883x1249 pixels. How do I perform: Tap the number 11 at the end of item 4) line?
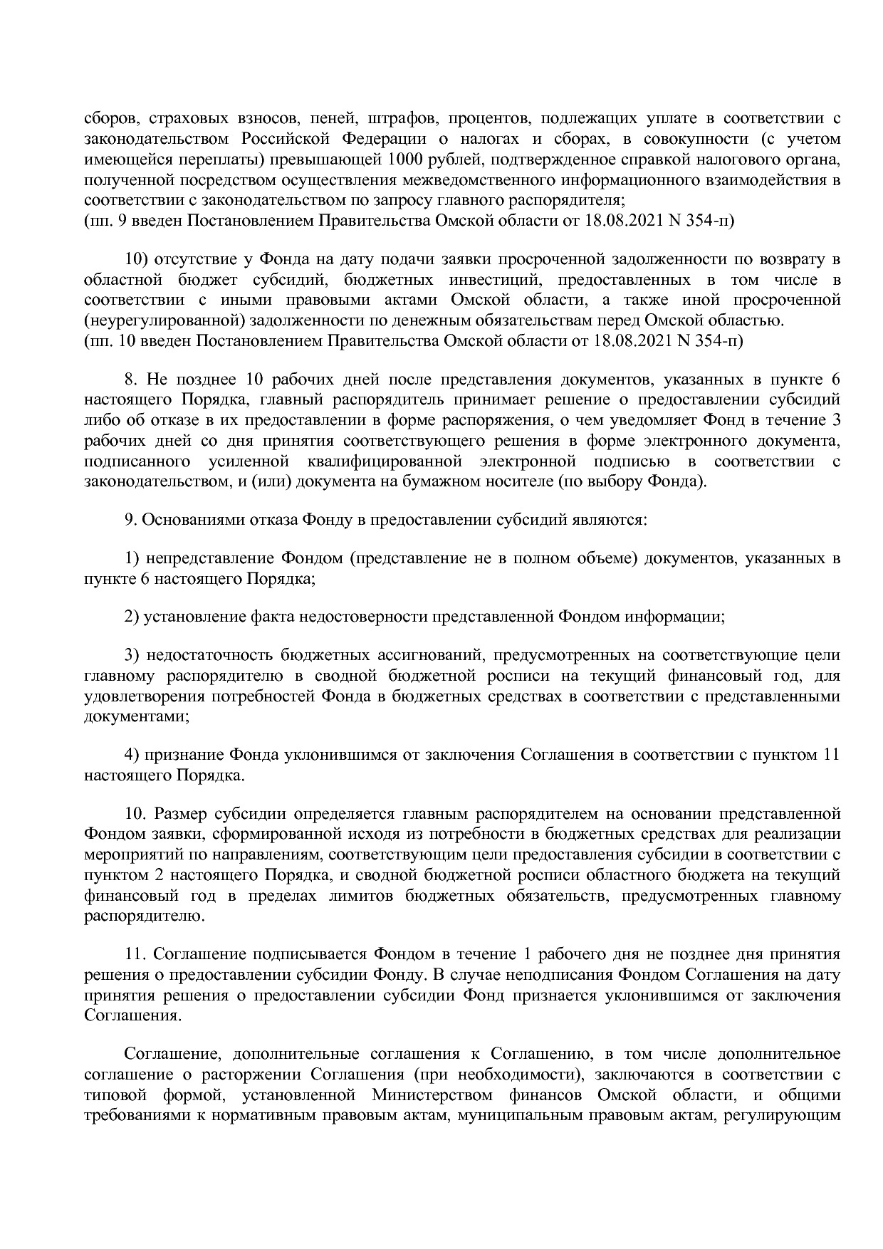[x=831, y=755]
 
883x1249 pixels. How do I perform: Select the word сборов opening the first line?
[x=108, y=117]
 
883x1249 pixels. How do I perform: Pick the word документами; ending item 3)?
[x=137, y=717]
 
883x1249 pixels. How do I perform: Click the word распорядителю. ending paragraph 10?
[x=144, y=916]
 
